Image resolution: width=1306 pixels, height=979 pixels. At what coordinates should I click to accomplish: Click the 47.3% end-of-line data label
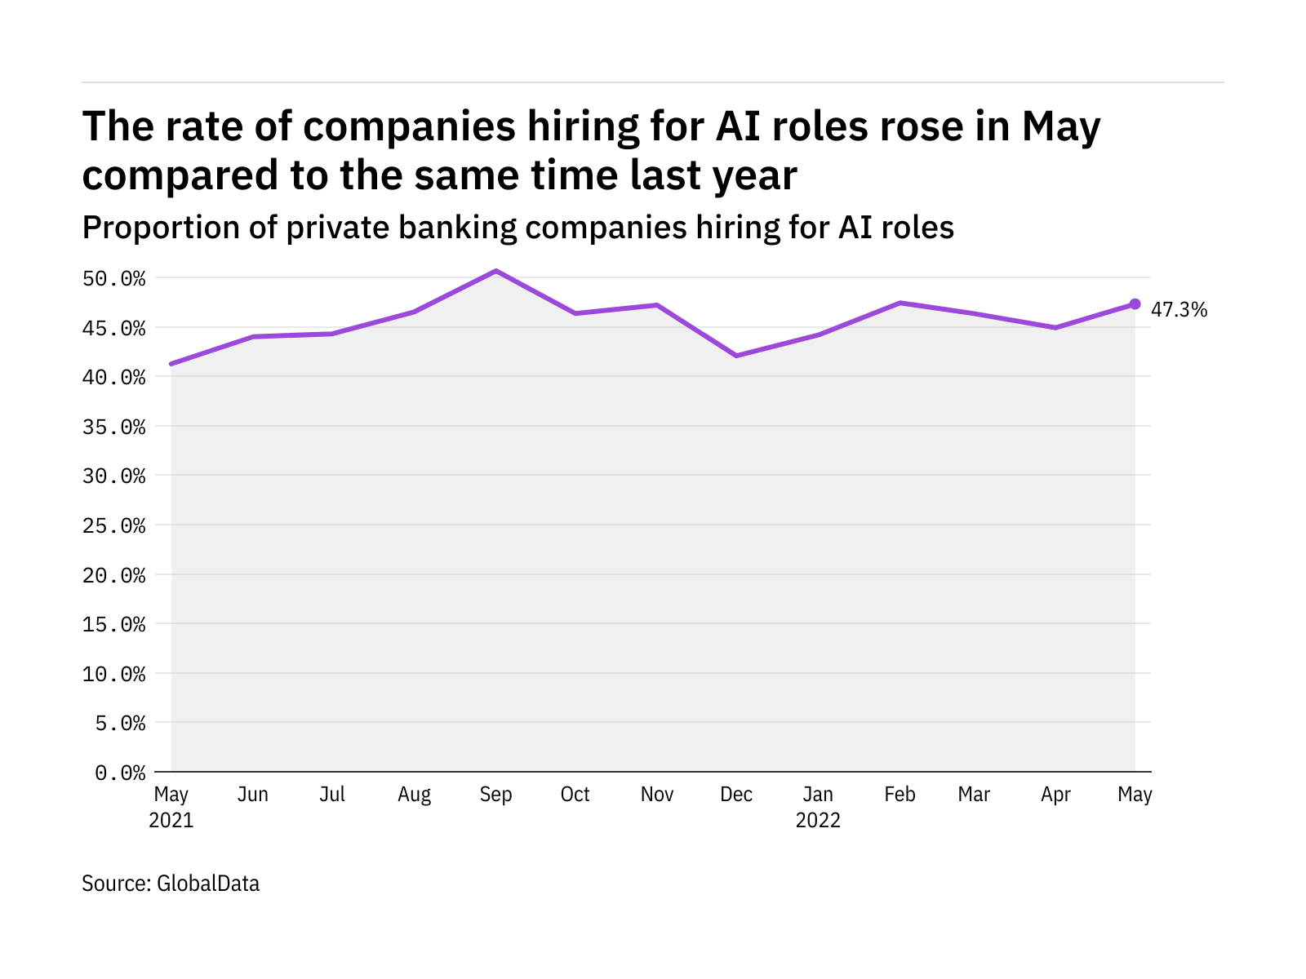click(x=1179, y=310)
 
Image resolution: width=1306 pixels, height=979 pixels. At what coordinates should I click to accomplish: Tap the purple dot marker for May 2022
click(x=1135, y=304)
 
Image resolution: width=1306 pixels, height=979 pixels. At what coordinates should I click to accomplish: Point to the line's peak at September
click(x=495, y=271)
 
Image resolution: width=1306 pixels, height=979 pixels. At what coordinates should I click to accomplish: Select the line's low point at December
click(x=736, y=356)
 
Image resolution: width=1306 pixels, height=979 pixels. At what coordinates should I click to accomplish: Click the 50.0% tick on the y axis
click(x=114, y=279)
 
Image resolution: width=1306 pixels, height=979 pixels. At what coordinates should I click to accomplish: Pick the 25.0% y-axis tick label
click(x=114, y=526)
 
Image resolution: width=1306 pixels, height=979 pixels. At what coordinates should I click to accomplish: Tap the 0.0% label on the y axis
click(x=120, y=773)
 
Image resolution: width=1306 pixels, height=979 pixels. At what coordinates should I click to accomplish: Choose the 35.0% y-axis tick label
click(x=114, y=427)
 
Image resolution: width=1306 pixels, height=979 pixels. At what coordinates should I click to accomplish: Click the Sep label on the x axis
click(x=495, y=795)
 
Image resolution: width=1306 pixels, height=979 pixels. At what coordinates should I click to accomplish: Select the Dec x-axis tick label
click(x=736, y=795)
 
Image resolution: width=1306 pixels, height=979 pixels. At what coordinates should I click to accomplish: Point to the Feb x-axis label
click(x=900, y=795)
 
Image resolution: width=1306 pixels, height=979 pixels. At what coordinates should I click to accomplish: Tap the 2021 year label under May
click(x=171, y=820)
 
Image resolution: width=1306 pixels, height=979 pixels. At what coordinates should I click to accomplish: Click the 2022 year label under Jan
click(x=818, y=820)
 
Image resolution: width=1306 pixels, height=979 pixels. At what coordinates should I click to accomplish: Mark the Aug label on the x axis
click(x=414, y=795)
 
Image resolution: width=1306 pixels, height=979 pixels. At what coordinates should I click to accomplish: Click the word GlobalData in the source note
click(x=208, y=884)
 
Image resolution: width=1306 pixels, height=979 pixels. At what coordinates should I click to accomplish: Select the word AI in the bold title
click(x=740, y=127)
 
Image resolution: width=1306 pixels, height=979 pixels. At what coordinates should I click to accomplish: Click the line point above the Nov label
click(x=656, y=305)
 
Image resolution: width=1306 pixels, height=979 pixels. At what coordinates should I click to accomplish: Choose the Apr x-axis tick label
click(x=1055, y=795)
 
